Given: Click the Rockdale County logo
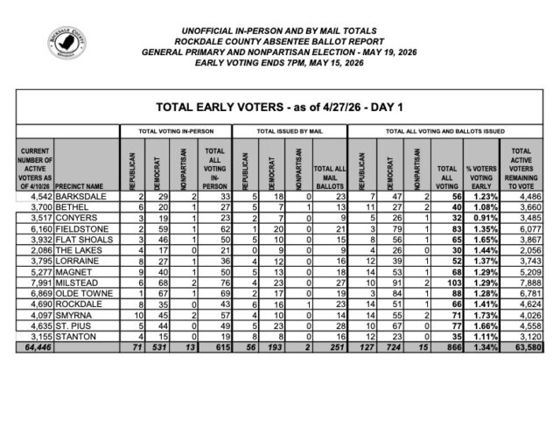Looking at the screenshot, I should click(x=66, y=43).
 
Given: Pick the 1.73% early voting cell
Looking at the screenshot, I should click(x=479, y=312).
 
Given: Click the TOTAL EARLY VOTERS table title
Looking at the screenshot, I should click(x=279, y=108).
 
